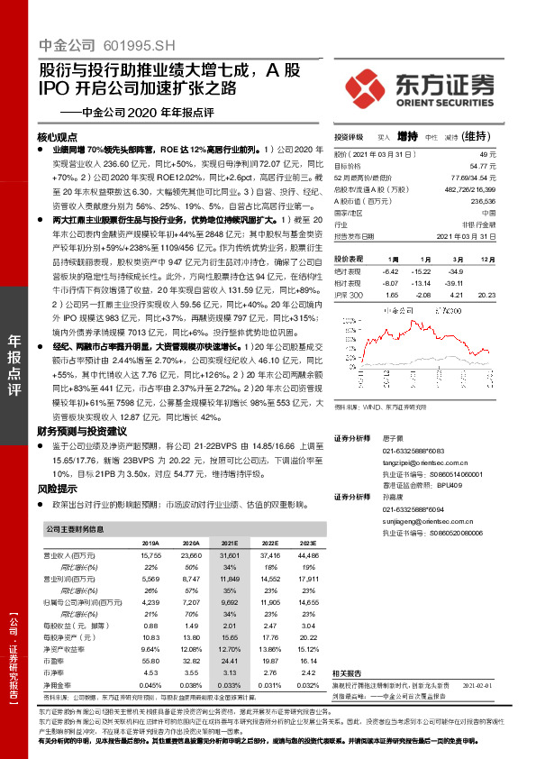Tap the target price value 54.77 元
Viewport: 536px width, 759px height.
pyautogui.click(x=483, y=166)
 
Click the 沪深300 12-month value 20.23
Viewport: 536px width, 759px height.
pyautogui.click(x=486, y=295)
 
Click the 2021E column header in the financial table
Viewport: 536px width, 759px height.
pyautogui.click(x=230, y=544)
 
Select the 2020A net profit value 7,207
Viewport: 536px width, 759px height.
pyautogui.click(x=190, y=600)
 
